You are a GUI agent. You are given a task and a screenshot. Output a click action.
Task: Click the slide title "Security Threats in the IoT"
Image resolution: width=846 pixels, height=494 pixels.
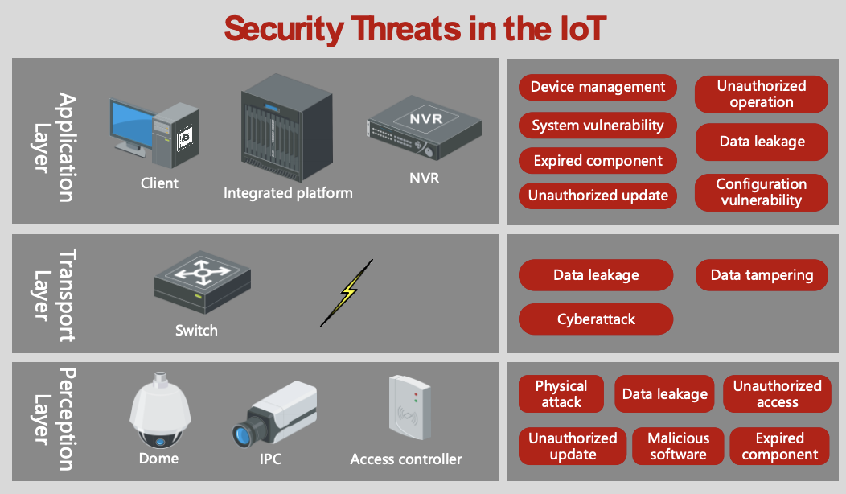[414, 29]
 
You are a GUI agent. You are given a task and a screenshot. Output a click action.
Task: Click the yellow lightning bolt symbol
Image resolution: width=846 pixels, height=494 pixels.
[347, 292]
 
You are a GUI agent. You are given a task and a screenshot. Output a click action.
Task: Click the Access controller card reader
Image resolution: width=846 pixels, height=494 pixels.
[406, 410]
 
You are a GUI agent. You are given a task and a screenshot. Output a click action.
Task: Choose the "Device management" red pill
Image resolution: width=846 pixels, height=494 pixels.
[598, 87]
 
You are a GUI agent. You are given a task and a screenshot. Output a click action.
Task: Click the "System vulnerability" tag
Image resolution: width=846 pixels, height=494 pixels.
[598, 125]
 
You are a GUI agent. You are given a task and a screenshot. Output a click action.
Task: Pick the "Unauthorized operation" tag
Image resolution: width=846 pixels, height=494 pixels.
[761, 94]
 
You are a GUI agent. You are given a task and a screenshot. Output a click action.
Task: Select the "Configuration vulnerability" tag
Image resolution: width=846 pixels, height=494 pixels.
[761, 192]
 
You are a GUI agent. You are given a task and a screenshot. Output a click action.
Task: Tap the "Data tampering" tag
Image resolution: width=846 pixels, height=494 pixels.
[761, 275]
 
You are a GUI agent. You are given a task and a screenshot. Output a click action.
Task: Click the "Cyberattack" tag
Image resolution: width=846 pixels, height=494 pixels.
[596, 319]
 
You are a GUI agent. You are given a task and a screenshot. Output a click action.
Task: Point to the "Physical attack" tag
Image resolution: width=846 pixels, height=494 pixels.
[561, 394]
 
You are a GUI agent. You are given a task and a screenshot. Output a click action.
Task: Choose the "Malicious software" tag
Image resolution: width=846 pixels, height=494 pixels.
[678, 446]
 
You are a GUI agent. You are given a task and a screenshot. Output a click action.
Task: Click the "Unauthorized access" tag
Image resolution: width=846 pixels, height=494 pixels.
[777, 394]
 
